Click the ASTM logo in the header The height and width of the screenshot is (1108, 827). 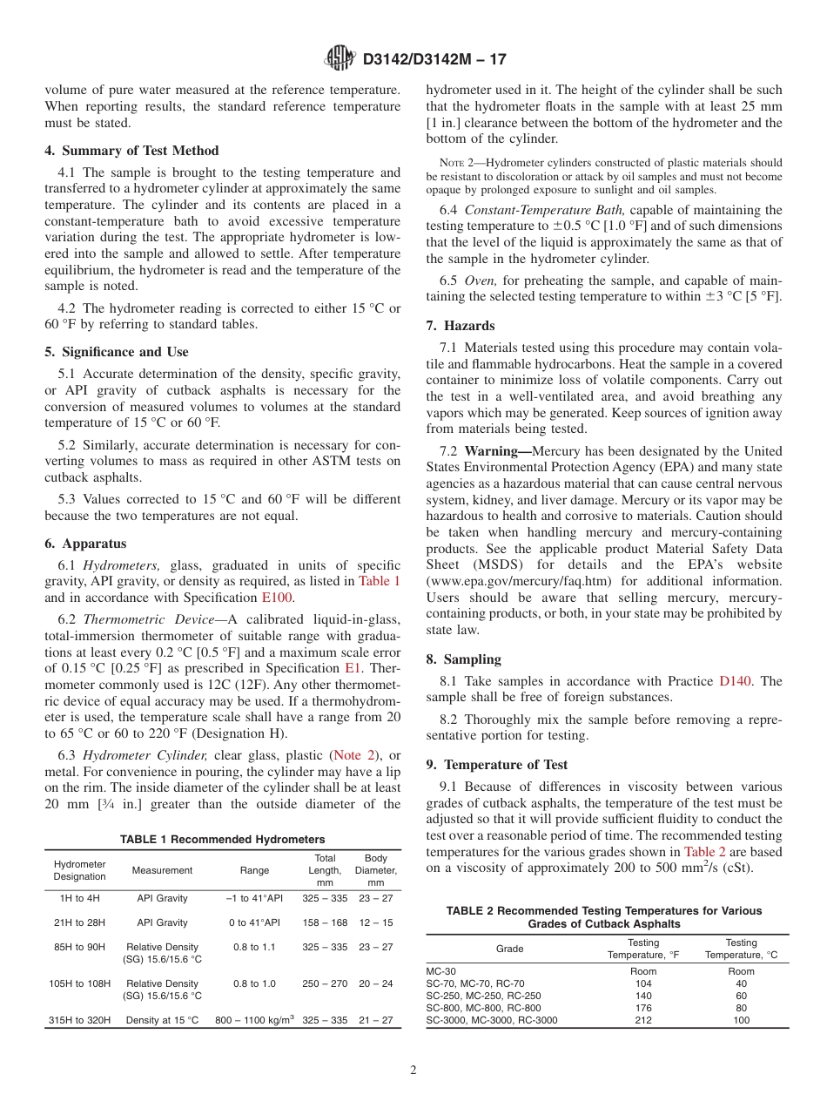[x=339, y=58]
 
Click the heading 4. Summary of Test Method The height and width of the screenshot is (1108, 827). [x=131, y=151]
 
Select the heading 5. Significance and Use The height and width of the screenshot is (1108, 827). [x=116, y=352]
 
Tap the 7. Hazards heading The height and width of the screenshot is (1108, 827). [x=461, y=326]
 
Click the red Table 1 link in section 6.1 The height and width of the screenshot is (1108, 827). [x=380, y=581]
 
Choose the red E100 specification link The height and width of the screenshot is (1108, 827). [x=278, y=598]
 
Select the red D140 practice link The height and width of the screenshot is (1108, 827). [x=735, y=680]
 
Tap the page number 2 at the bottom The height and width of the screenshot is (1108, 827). [x=413, y=1071]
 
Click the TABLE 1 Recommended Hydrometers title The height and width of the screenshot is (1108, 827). [x=222, y=839]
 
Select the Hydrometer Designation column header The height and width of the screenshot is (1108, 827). [x=79, y=870]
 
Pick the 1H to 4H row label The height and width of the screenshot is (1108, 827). [x=79, y=898]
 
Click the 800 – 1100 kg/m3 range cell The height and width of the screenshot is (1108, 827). [x=254, y=1020]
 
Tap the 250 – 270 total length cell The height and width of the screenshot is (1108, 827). [x=324, y=983]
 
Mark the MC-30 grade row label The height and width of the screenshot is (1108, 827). [x=440, y=971]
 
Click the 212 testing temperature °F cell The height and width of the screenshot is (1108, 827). [x=642, y=1020]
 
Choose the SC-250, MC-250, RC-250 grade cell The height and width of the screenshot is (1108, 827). [x=483, y=996]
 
